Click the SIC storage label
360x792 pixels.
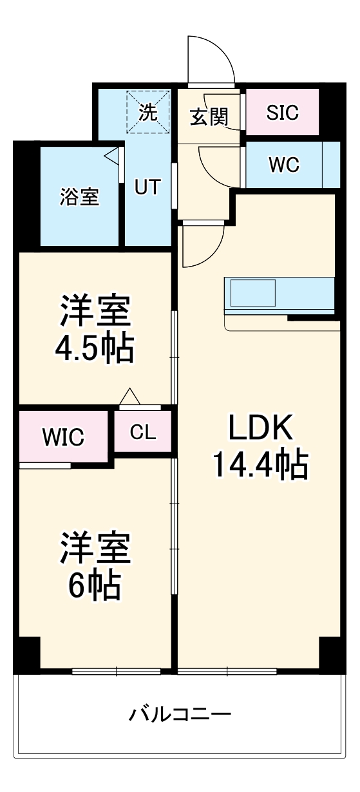(283, 113)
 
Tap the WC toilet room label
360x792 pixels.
(284, 165)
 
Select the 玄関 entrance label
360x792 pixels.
(209, 117)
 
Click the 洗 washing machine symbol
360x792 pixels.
(148, 113)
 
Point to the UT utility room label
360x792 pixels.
(147, 186)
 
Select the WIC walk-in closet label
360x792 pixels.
(63, 437)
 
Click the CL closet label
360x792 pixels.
(143, 432)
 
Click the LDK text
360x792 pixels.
(261, 428)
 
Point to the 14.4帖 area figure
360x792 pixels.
(261, 464)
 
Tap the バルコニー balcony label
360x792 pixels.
(180, 713)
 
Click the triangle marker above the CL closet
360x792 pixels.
(130, 397)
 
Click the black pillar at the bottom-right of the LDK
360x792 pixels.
(329, 653)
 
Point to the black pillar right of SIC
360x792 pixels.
(330, 111)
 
